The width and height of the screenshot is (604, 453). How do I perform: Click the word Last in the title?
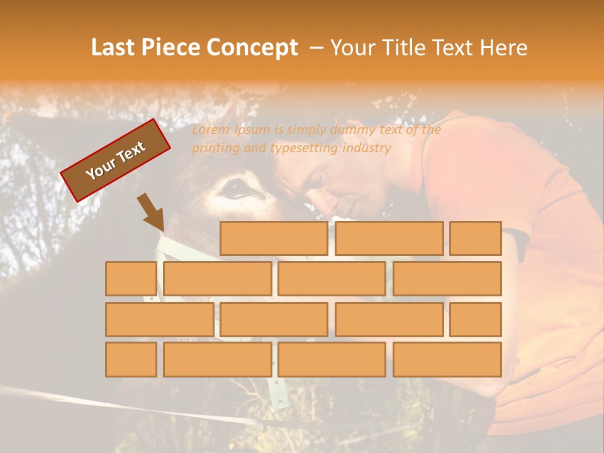coord(114,48)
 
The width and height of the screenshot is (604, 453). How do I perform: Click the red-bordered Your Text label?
coord(115,160)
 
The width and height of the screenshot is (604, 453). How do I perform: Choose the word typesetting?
coord(305,148)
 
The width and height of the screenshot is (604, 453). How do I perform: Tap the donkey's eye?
coord(235,187)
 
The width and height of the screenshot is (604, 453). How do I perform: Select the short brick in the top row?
coord(476,238)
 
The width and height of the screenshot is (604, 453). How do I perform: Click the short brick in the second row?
coord(131,279)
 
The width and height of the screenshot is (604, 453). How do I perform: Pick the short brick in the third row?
coord(476,319)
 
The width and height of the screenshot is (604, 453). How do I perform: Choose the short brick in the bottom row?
coord(131,359)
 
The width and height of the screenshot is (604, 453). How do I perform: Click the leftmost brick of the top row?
coord(274,238)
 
